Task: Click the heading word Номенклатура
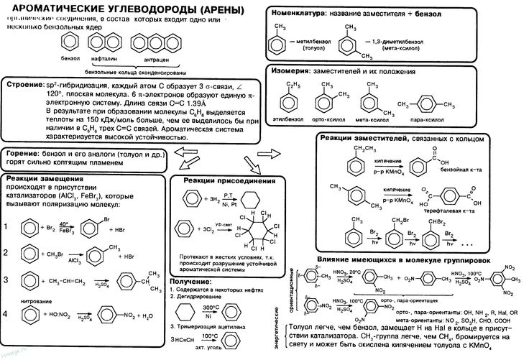click(296, 14)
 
